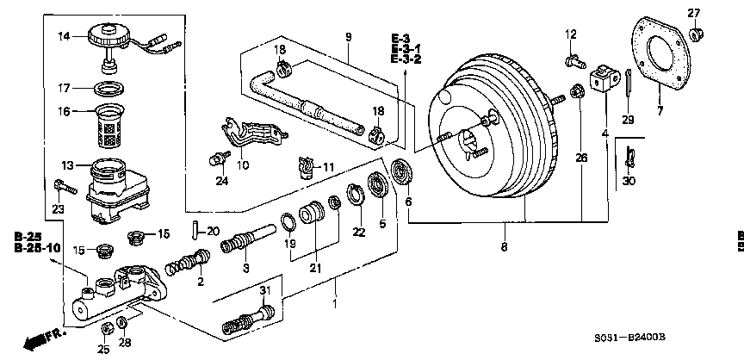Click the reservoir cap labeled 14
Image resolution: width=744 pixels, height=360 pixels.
coord(108,38)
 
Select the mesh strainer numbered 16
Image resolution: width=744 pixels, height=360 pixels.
coord(110,125)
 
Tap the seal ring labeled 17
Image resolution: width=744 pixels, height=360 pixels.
coord(109,88)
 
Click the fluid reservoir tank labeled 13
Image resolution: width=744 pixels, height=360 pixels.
coord(115,189)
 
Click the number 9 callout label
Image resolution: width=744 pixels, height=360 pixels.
coord(349,37)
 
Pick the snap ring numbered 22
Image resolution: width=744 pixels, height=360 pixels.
coord(357,196)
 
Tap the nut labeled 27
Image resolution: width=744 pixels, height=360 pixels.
coord(694,34)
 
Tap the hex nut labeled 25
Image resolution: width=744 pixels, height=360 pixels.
coord(107,328)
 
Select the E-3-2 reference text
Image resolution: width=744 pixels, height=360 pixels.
coord(406,59)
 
